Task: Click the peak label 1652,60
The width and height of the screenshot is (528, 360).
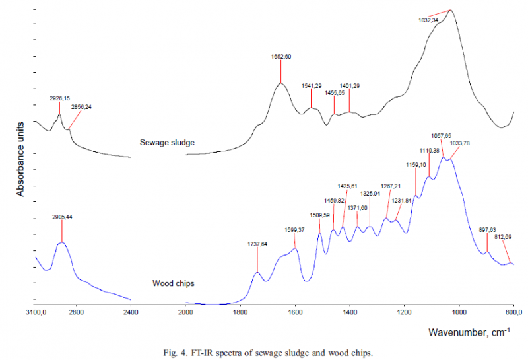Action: (281, 57)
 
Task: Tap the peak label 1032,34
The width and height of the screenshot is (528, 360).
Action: (429, 20)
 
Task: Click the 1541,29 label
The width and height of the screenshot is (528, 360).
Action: (312, 86)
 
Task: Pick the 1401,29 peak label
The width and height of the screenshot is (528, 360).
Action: (350, 85)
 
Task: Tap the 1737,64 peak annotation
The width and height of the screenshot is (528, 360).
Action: (257, 244)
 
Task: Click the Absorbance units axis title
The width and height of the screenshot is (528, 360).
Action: (20, 159)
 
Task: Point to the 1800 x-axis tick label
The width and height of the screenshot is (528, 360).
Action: (240, 312)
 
